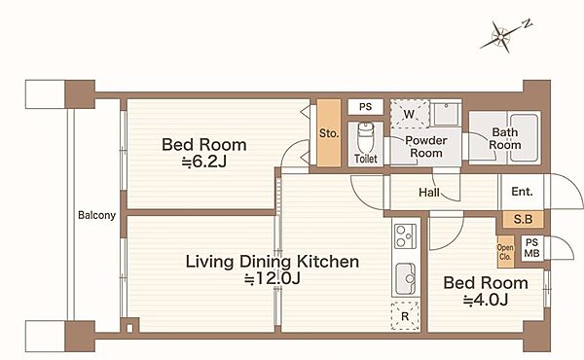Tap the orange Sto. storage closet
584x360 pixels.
pos(329,132)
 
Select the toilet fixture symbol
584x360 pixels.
pos(365,137)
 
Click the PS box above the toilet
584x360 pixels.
pos(365,107)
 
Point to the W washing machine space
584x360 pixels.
pos(410,114)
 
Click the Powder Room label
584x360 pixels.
pos(426,147)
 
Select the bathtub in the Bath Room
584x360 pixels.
pos(524,138)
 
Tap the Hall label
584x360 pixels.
pos(429,193)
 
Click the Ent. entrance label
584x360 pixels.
pos(522,192)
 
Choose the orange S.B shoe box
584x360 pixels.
pos(523,219)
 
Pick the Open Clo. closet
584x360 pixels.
pos(506,252)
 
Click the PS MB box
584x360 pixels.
pos(531,248)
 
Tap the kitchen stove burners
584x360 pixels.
pos(405,236)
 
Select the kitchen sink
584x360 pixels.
pos(406,279)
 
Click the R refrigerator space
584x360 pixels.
pos(405,316)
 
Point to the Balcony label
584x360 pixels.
pos(96,215)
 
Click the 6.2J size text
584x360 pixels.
pos(204,162)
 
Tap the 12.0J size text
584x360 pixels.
pos(273,278)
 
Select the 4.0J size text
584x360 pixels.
pos(486,300)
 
